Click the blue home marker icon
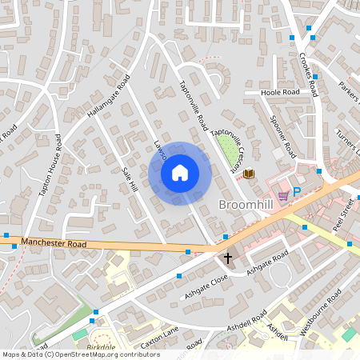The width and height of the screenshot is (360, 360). point(180,172)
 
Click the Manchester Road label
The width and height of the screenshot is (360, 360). point(53,241)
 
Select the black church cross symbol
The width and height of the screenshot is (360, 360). point(228,258)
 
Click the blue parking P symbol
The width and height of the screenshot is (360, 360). point(296,192)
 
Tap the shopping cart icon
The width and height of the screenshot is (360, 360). point(282,194)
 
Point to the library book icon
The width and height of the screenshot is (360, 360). point(248,174)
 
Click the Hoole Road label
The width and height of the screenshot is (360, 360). point(279,93)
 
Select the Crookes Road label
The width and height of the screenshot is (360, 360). point(308,74)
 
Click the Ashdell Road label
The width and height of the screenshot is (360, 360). point(246,320)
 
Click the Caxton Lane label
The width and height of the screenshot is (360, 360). point(160,340)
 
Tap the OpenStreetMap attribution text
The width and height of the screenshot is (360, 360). point(81,354)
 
